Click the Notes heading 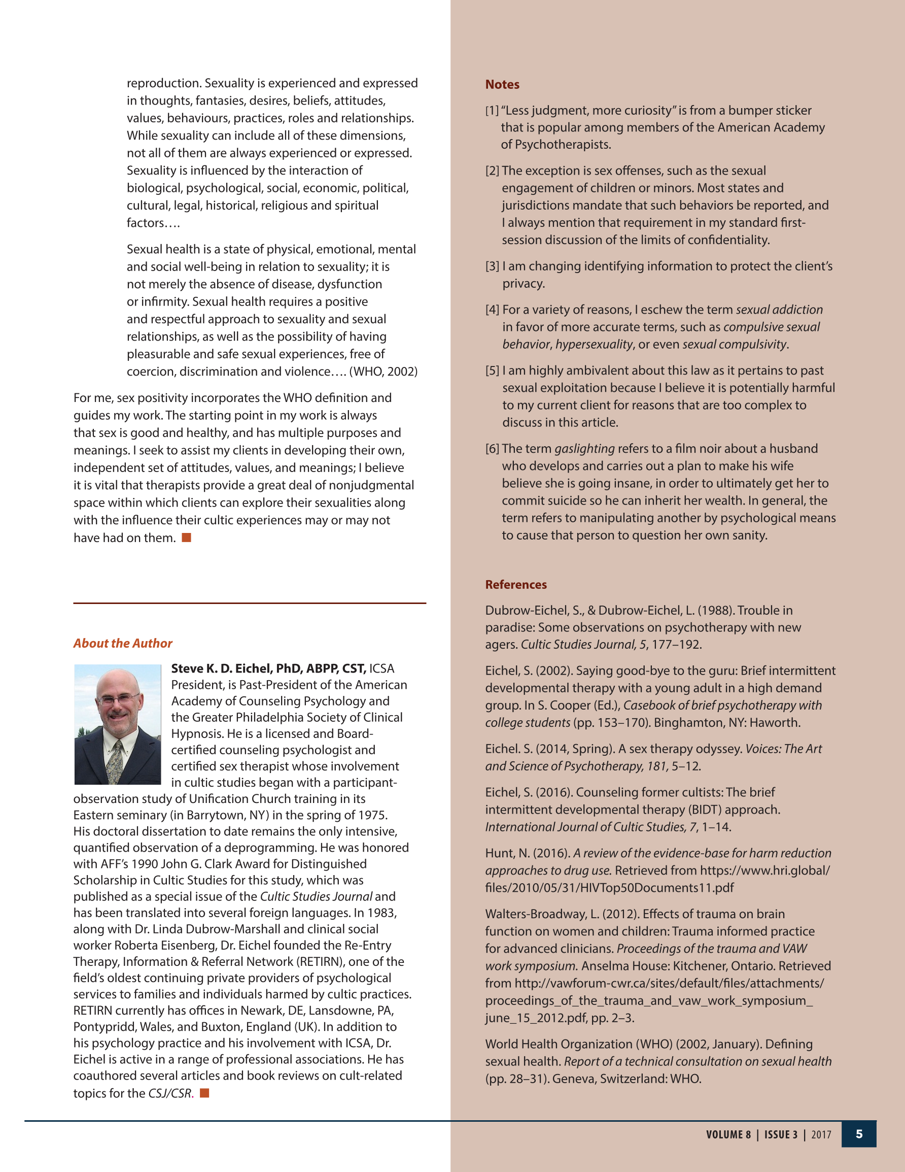(502, 85)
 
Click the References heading (515, 584)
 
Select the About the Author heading (123, 644)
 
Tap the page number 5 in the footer (859, 1134)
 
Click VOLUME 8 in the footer (728, 1134)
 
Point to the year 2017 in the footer (821, 1134)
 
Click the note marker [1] (492, 111)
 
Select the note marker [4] (492, 310)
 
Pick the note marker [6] (492, 449)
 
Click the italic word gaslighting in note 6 (584, 449)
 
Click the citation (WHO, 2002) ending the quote (383, 372)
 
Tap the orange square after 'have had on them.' (187, 538)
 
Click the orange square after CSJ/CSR (204, 1093)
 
